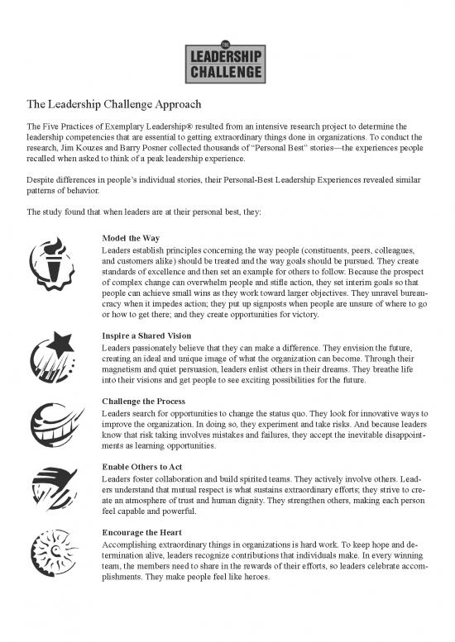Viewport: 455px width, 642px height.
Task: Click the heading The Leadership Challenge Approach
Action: click(116, 105)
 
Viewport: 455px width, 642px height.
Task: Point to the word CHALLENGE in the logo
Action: click(227, 71)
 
